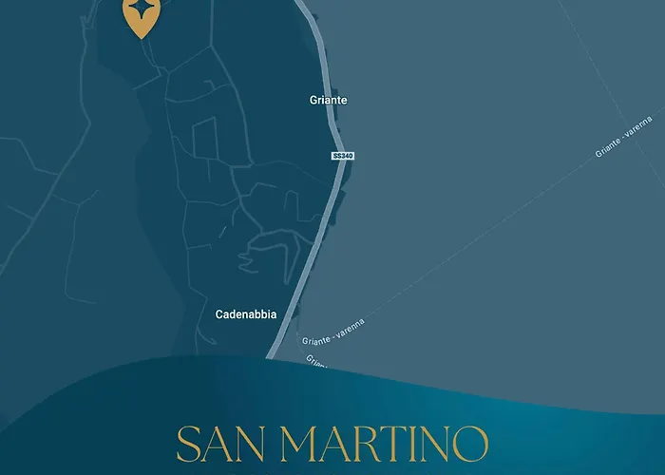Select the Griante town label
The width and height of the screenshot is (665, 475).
[329, 99]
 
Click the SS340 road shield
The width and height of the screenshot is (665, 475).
[343, 156]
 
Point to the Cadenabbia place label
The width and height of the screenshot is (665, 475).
[246, 314]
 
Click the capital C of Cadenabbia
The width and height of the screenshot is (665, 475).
[220, 314]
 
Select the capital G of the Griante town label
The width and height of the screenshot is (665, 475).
[313, 99]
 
